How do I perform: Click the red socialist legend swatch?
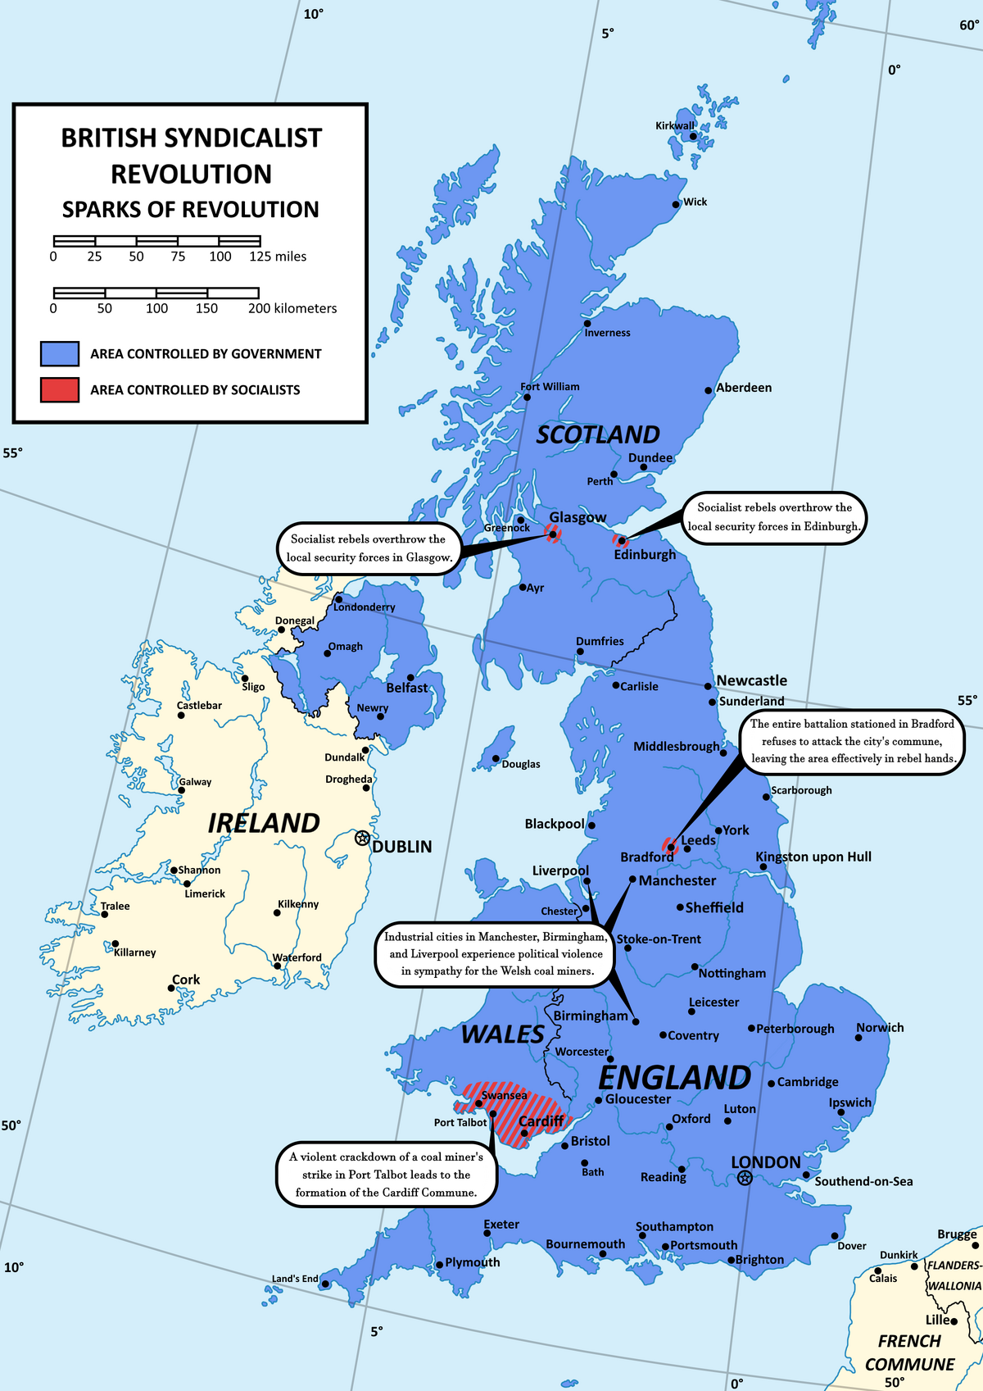[60, 389]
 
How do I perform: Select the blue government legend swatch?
[60, 353]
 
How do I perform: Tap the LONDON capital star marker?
[744, 1178]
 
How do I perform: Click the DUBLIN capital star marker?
[362, 838]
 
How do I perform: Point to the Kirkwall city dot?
[693, 136]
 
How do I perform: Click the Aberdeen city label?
[744, 388]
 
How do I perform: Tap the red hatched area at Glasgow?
[553, 534]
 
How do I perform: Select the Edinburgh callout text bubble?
[774, 517]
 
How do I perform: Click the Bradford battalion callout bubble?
[852, 741]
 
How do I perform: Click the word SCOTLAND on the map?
[598, 434]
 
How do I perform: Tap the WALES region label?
[503, 1034]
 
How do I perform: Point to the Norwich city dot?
[858, 1038]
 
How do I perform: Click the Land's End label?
[295, 1279]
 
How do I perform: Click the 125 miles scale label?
[278, 257]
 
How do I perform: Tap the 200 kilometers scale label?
[292, 309]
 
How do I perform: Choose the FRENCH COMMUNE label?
[909, 1352]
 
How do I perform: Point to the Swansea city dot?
[480, 1103]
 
